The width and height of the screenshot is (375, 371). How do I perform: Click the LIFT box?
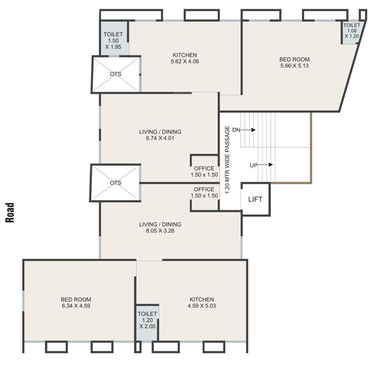pos(255,199)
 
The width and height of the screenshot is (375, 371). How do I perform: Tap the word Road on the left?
pos(9,212)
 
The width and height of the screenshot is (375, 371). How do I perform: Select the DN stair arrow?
pos(249,130)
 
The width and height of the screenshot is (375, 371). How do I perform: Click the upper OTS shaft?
pos(116,74)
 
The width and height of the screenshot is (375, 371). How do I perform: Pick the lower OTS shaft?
pos(115,183)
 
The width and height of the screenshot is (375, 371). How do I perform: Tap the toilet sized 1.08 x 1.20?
pos(351,30)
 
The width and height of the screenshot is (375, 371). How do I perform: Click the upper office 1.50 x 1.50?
pos(204,171)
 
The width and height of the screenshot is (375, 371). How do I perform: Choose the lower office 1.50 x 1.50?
pos(204,192)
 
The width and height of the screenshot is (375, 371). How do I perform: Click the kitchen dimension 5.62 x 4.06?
pos(185,62)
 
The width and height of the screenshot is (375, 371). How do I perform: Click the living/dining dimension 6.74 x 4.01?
pos(153,138)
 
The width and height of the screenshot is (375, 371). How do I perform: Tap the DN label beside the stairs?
pos(236,130)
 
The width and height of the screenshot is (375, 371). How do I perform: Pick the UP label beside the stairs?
pos(253,165)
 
